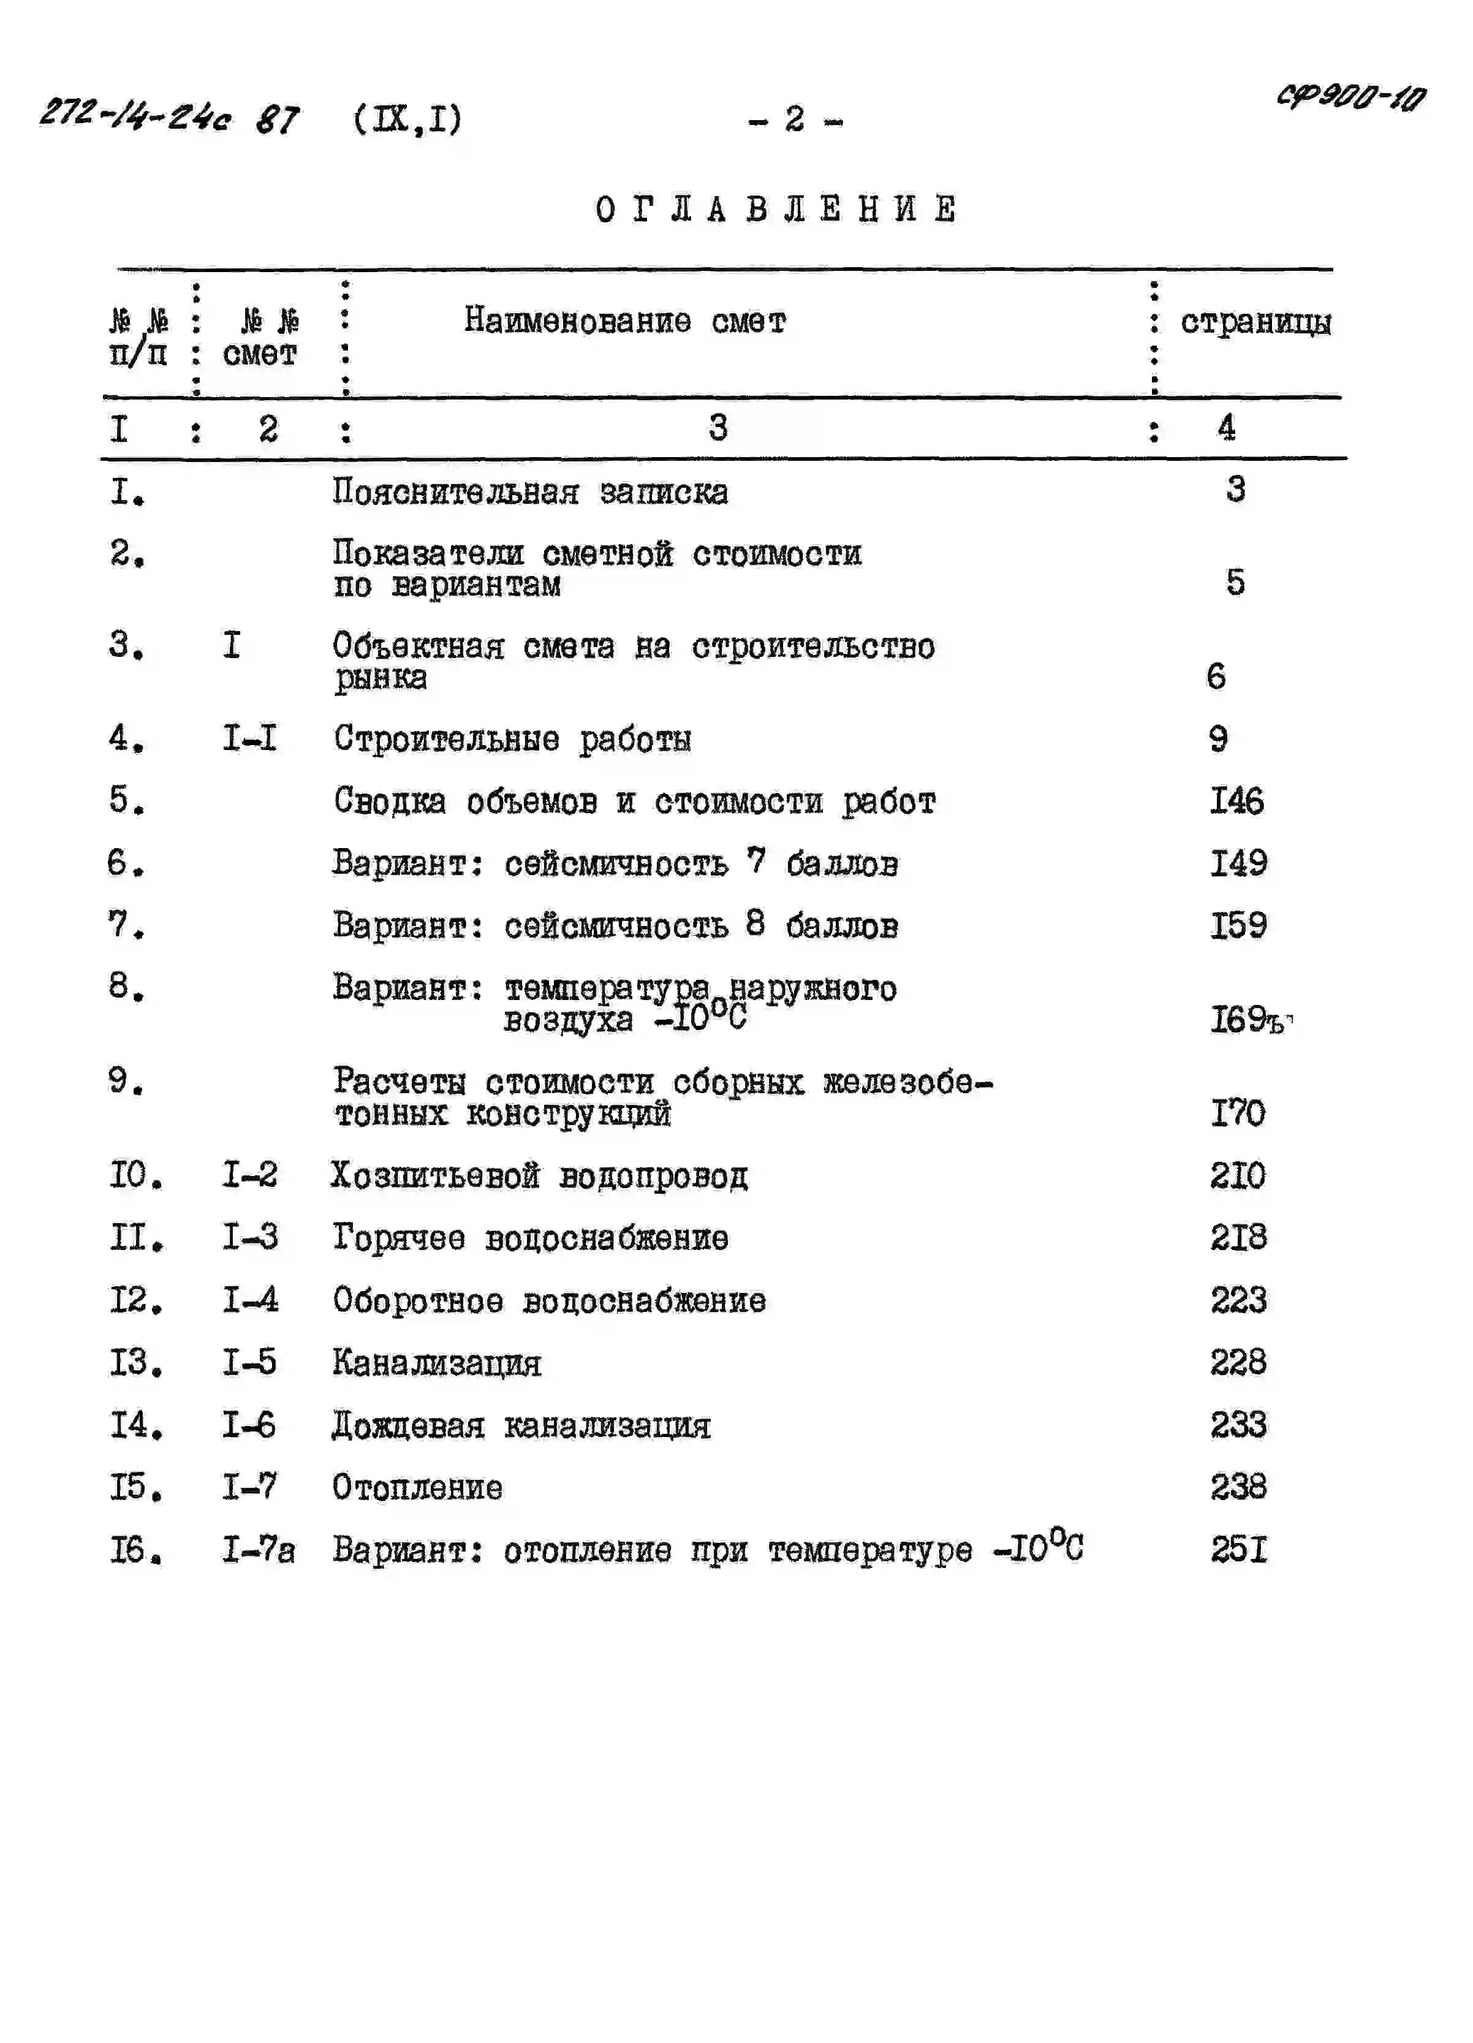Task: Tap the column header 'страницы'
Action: [1255, 322]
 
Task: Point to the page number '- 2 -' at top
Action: [795, 119]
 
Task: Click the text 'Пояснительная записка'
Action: [530, 492]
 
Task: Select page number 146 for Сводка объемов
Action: [1236, 801]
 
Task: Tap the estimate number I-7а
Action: [258, 1549]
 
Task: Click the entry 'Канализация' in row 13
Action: [437, 1362]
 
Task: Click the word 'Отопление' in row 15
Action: [417, 1487]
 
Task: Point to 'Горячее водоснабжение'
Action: [530, 1238]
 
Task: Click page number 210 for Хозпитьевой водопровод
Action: [1238, 1175]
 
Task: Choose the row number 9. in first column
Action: [126, 1081]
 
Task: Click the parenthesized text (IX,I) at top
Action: [408, 119]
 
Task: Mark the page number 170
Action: [1238, 1113]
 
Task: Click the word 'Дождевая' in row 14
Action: [408, 1425]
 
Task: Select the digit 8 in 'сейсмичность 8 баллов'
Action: [755, 923]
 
